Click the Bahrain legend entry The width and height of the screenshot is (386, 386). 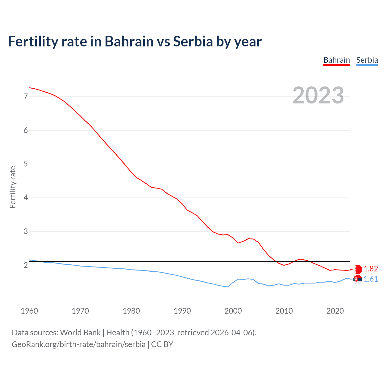click(337, 60)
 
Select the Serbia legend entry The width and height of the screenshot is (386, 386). click(367, 60)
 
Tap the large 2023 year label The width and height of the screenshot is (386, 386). click(318, 95)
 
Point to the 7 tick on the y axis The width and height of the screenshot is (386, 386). click(26, 97)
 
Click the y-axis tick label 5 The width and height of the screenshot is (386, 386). click(26, 164)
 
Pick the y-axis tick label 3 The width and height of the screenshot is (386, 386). click(26, 232)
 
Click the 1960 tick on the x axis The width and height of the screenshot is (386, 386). click(29, 311)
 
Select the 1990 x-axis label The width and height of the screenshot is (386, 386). click(182, 311)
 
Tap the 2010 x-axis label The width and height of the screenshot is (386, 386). click(284, 311)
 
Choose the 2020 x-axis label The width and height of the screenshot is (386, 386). click(335, 311)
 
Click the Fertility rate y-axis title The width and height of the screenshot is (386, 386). click(13, 187)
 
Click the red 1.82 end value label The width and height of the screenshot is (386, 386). click(371, 269)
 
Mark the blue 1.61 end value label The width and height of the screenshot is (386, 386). click(371, 279)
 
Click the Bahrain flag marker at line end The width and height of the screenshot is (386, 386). click(358, 269)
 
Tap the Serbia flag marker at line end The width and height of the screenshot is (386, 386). click(358, 280)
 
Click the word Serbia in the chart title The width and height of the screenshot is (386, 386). click(193, 41)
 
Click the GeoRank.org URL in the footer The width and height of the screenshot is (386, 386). click(78, 344)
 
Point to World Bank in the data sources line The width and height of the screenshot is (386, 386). click(80, 333)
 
